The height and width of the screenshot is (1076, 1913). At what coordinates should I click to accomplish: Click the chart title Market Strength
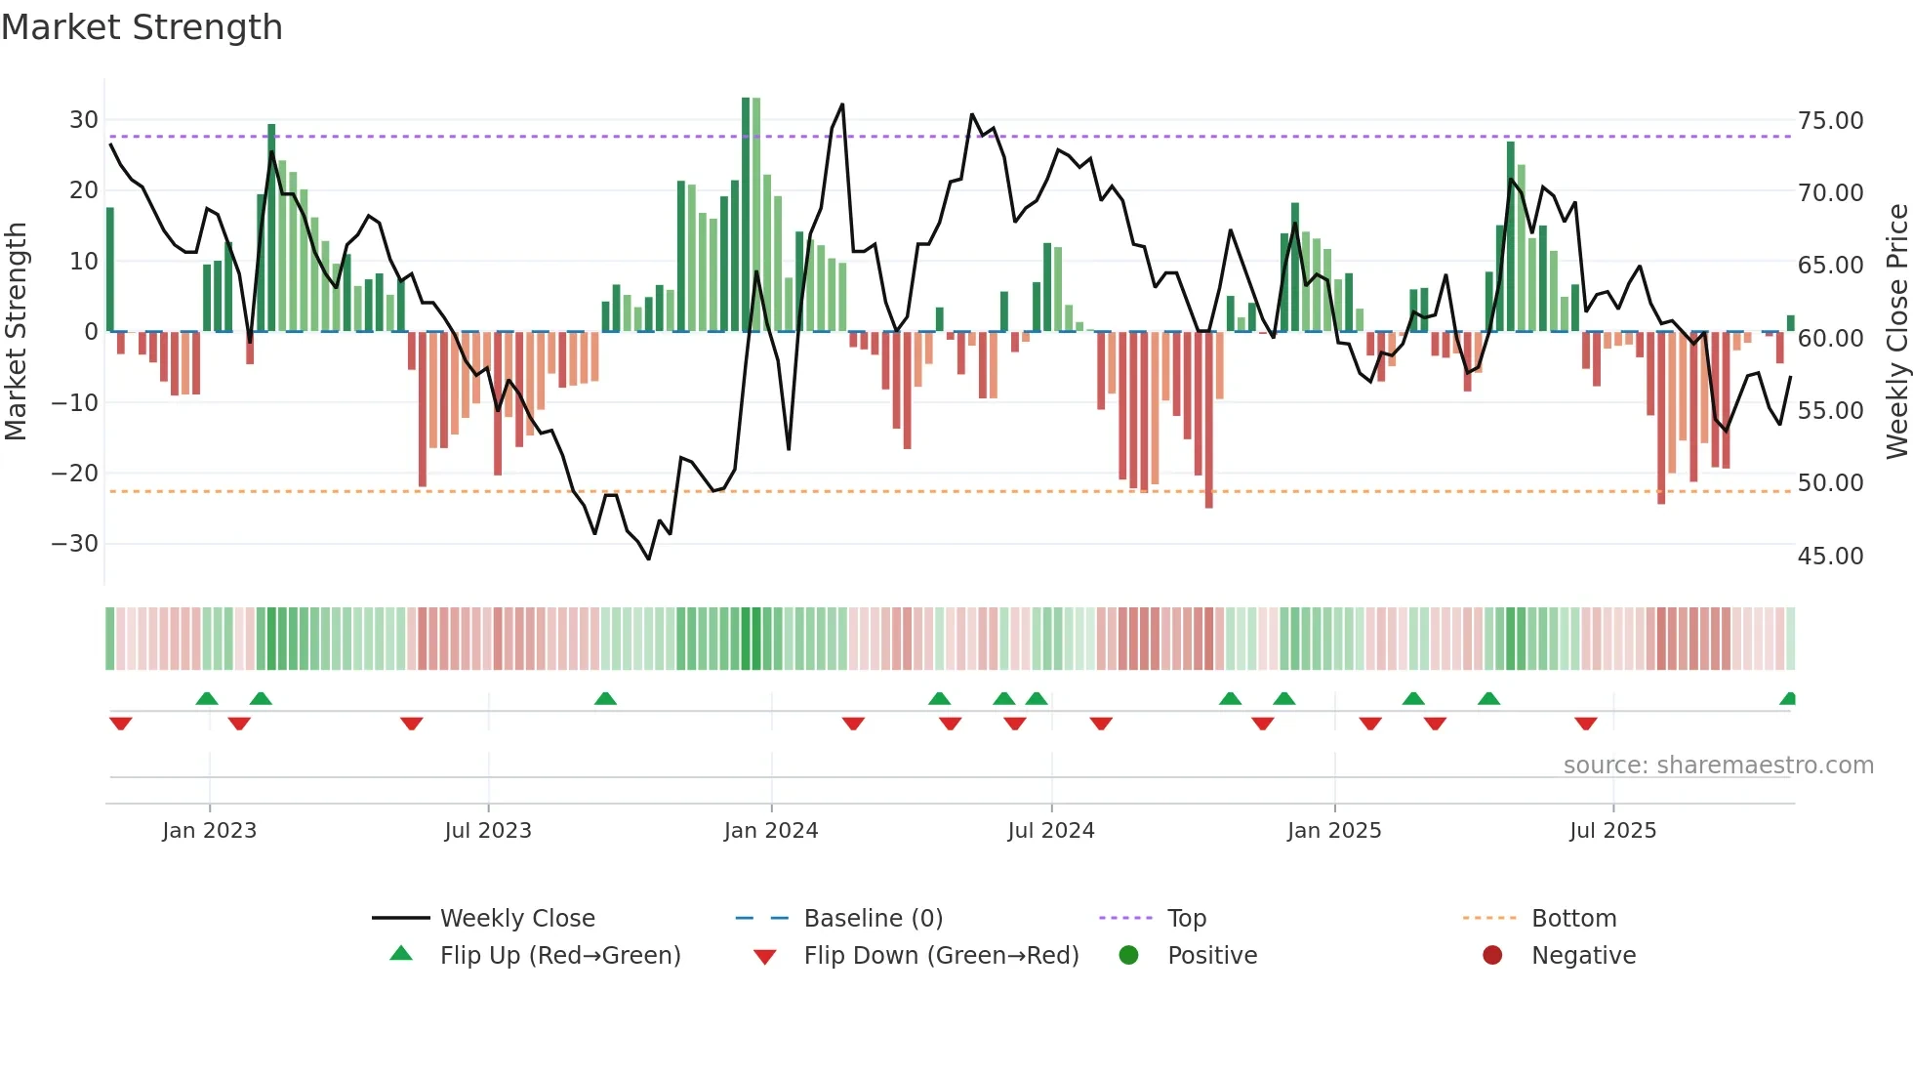click(142, 27)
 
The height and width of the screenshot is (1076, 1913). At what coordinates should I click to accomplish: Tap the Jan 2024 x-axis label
click(770, 831)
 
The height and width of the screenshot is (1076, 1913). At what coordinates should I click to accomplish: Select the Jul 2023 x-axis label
click(488, 831)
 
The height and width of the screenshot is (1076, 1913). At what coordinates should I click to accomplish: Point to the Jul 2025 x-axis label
click(1612, 831)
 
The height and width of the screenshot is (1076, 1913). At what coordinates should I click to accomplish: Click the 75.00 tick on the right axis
click(1830, 121)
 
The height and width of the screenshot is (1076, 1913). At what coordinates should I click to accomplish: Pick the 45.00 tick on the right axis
click(1830, 557)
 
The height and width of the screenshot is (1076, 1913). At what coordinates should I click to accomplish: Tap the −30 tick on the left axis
click(75, 544)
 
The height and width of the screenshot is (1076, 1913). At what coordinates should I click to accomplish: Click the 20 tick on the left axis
click(83, 190)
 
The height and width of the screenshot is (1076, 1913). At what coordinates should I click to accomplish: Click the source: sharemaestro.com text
click(1718, 766)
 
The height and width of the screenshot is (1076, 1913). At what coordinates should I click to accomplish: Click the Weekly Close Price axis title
click(1896, 332)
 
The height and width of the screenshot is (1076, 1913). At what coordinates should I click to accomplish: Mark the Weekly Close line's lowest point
click(649, 559)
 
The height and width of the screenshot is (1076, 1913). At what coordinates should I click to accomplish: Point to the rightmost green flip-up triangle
click(1788, 698)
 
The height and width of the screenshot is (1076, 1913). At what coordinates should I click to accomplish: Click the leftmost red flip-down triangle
click(121, 724)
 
